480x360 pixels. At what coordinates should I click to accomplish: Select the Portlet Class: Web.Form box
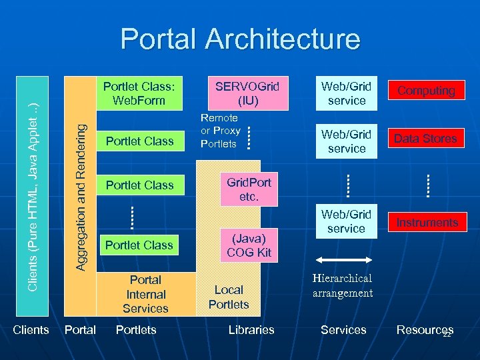tap(139, 93)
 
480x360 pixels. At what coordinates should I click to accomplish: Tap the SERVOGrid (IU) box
tap(247, 93)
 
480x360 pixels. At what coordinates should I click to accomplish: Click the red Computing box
tap(426, 91)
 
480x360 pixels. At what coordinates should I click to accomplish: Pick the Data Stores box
tap(426, 139)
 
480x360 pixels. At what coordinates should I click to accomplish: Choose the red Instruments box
tap(426, 222)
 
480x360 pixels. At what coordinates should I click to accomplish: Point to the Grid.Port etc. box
tap(249, 190)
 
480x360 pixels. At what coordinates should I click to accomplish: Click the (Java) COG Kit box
tap(249, 245)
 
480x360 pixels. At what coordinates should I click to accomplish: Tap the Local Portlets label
tap(229, 297)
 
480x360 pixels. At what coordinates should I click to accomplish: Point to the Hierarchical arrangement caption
tap(342, 285)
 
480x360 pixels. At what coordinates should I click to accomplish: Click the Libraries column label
tap(251, 330)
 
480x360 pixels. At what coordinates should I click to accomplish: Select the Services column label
tap(343, 330)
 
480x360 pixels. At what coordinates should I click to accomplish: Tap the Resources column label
tap(424, 330)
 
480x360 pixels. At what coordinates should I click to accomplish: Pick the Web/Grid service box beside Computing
tap(347, 93)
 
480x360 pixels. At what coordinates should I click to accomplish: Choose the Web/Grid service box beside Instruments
tap(347, 221)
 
